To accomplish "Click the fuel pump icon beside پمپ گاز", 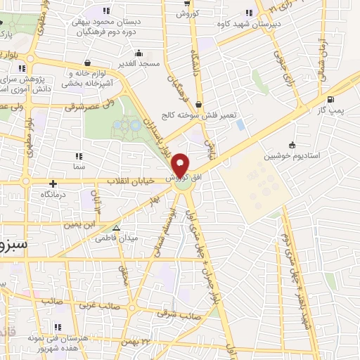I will tap(330, 99).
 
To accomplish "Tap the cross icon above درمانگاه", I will tap(53, 184).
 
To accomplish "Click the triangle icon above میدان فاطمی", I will tap(117, 228).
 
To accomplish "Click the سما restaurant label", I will tap(78, 167).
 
